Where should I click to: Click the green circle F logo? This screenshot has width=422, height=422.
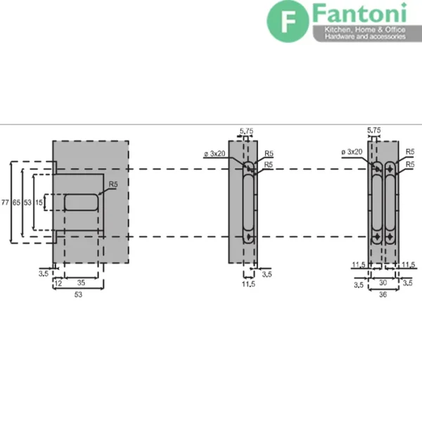click(288, 22)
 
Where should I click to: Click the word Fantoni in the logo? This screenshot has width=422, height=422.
click(359, 13)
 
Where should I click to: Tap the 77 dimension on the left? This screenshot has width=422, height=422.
click(5, 202)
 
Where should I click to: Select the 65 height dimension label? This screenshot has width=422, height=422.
click(16, 202)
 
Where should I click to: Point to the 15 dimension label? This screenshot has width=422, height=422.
click(39, 202)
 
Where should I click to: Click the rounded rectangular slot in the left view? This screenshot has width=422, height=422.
click(81, 202)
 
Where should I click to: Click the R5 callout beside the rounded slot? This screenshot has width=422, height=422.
click(113, 184)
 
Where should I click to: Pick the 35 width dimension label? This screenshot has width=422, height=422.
click(81, 283)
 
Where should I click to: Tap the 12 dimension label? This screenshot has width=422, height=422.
click(58, 283)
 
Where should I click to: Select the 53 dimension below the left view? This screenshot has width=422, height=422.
click(78, 295)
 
